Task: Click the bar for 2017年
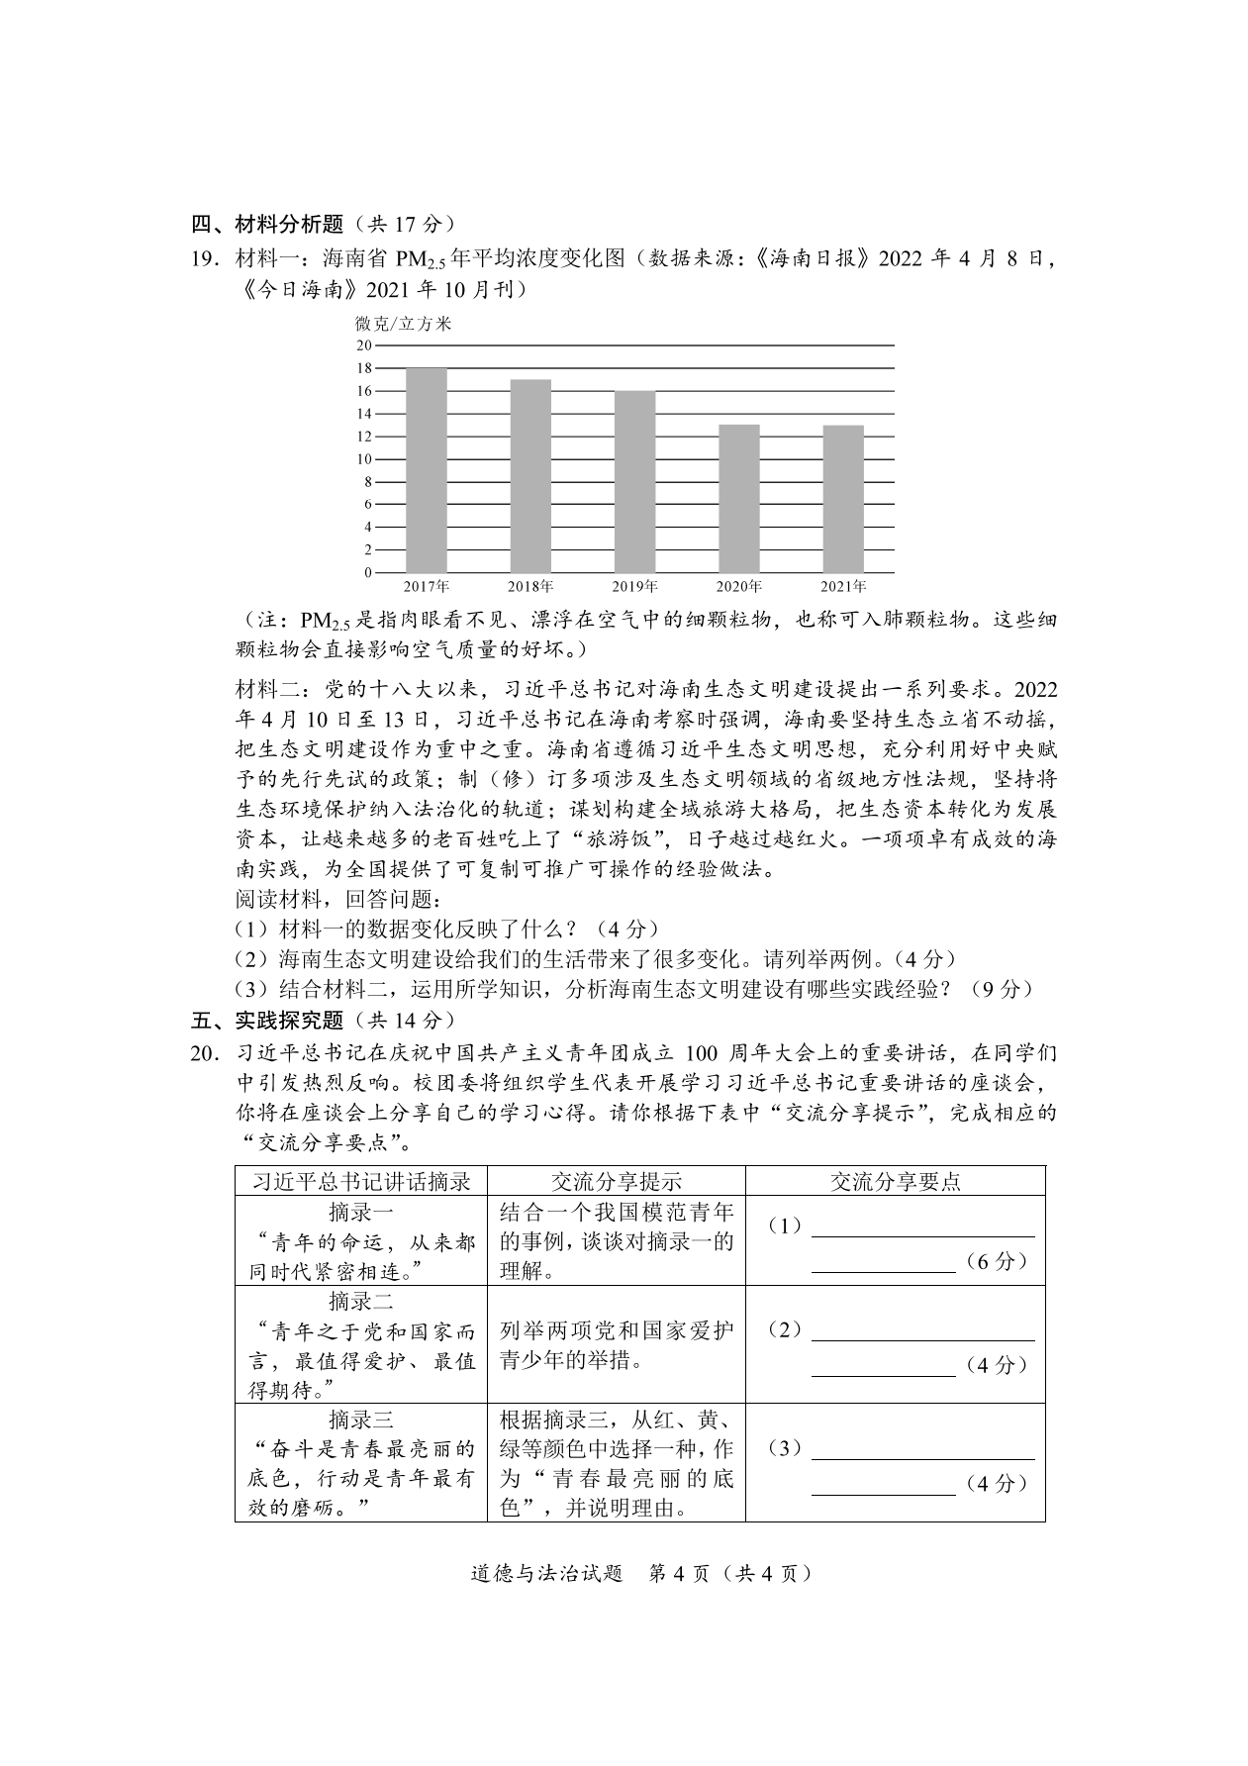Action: point(427,470)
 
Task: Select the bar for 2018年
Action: point(530,476)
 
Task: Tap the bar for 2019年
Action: point(634,482)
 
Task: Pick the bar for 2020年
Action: point(738,499)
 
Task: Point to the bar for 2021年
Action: point(843,499)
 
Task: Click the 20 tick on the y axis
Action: point(363,345)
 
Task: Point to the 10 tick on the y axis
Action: point(363,459)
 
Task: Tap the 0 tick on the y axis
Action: point(367,573)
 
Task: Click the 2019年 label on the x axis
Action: point(634,587)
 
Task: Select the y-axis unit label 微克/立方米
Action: point(403,323)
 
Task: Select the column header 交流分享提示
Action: point(616,1181)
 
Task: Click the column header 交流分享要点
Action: point(895,1181)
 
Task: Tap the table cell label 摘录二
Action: point(360,1301)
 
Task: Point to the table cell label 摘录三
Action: point(360,1418)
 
